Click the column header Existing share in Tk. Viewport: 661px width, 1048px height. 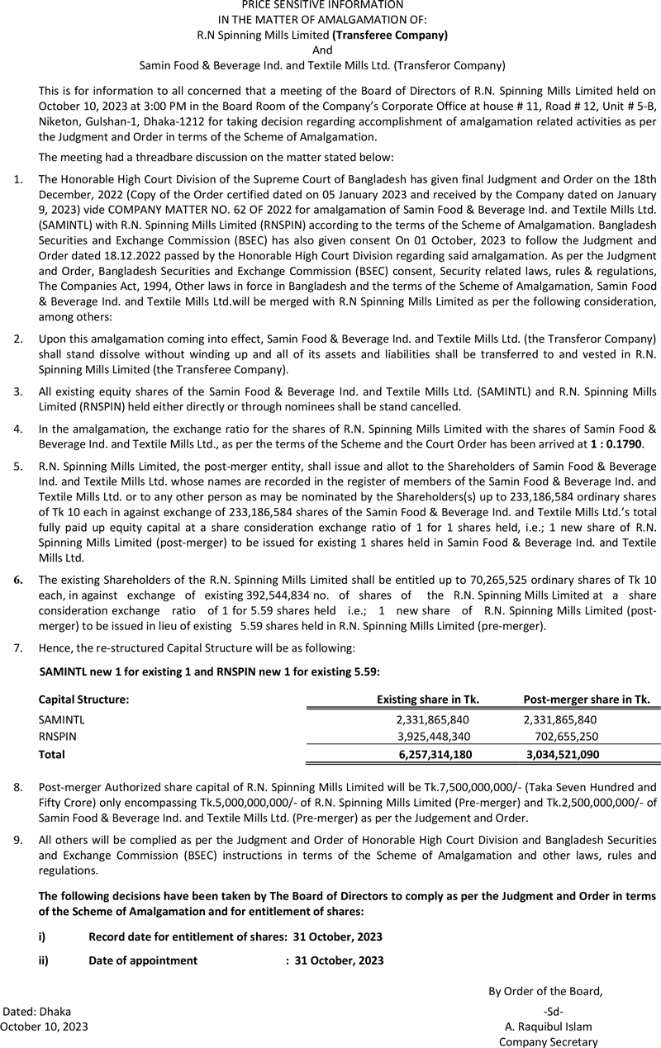point(428,699)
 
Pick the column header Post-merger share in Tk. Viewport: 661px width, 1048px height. point(587,699)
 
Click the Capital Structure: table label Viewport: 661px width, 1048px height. point(83,699)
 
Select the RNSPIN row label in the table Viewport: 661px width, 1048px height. point(56,737)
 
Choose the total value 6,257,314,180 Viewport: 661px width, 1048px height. point(435,754)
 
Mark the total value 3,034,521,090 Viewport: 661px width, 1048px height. point(563,754)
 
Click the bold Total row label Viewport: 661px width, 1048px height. point(51,754)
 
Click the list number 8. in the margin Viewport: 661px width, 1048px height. point(18,787)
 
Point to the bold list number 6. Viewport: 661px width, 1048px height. point(18,580)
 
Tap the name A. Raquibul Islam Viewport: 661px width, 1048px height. point(548,1027)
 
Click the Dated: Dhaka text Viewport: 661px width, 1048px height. point(38,1012)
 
